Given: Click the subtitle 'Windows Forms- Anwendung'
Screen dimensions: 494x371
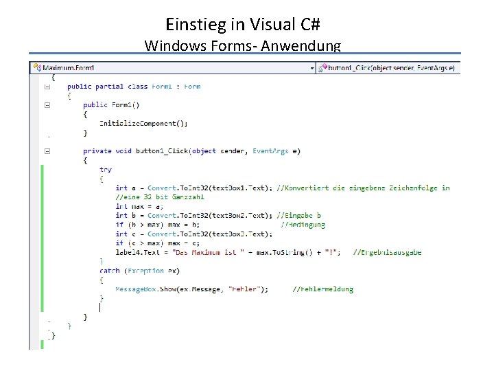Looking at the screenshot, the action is pos(243,46).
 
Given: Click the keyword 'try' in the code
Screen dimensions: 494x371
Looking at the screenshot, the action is pos(106,169).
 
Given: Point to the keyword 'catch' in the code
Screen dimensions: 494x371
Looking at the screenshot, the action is pos(108,271).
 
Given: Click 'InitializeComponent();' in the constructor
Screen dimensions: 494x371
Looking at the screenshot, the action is pos(143,123).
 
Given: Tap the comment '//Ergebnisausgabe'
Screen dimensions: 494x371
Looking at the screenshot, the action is pos(387,252).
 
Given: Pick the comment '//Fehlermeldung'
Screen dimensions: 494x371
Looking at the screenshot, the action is pos(323,289).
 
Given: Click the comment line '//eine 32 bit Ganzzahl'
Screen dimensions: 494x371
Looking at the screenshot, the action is pos(150,197).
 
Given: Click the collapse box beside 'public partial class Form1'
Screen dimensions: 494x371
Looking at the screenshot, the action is pos(47,87).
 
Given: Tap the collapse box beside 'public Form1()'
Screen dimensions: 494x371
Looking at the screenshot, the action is pos(47,105).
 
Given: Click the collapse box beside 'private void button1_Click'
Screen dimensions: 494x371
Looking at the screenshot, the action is pos(47,151).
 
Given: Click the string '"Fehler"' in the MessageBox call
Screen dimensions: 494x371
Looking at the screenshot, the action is pos(243,289).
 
